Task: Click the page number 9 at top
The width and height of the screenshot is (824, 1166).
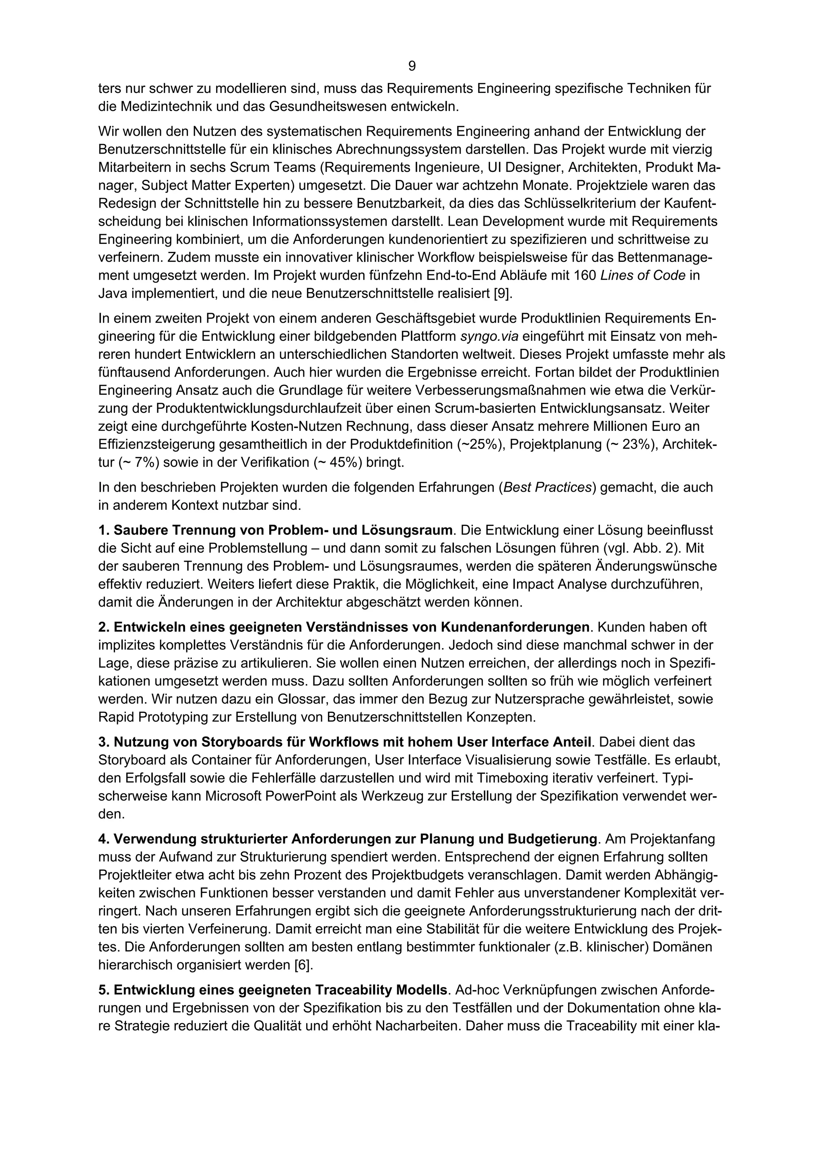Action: pos(412,66)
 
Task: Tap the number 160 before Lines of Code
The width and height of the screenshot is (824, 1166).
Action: pos(584,276)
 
